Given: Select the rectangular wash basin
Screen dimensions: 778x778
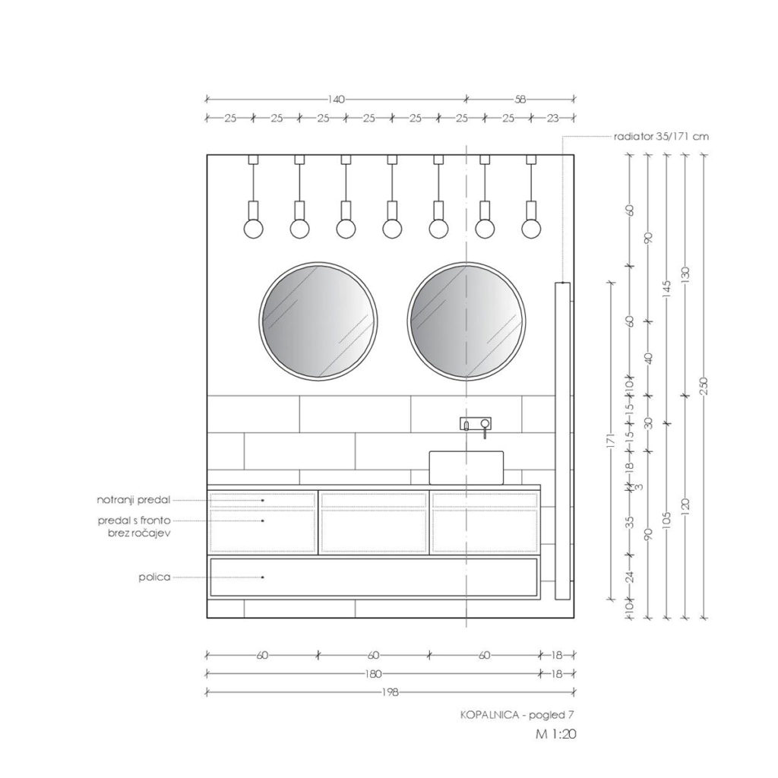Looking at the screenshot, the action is (x=466, y=467).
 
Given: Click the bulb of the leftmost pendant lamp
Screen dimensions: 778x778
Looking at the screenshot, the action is (x=253, y=229).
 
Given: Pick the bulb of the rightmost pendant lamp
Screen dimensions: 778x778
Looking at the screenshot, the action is (x=531, y=229).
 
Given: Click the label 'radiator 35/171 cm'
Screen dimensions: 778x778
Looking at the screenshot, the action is (x=661, y=137).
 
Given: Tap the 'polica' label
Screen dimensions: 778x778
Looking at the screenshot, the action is (x=154, y=577).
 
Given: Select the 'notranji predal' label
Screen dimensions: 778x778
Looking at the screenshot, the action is (x=134, y=500).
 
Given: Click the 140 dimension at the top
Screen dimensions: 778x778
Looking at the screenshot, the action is (x=336, y=100).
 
